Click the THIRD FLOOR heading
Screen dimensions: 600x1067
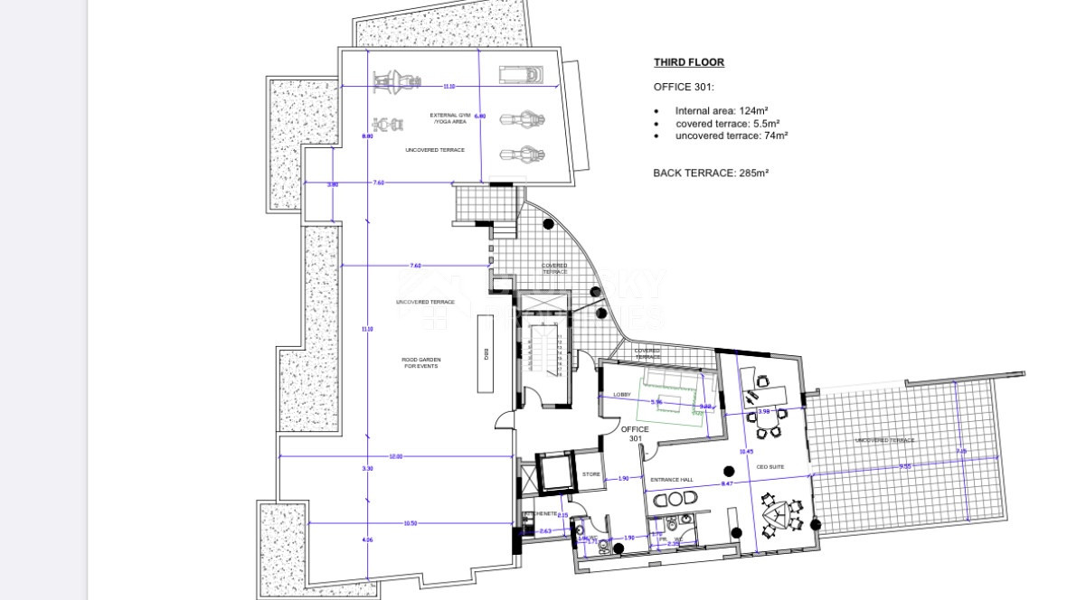click(x=688, y=62)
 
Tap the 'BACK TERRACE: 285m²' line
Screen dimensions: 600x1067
click(x=710, y=173)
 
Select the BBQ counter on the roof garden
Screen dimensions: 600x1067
click(x=486, y=353)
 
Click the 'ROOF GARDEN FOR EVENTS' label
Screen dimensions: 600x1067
click(x=421, y=362)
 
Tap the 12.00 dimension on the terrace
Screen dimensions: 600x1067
click(x=395, y=456)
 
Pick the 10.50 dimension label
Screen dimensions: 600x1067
click(x=410, y=523)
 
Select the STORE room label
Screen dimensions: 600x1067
click(x=590, y=473)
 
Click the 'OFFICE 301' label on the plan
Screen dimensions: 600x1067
click(x=635, y=434)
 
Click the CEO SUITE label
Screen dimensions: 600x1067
click(x=770, y=467)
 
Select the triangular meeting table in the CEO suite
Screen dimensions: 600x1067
click(x=779, y=517)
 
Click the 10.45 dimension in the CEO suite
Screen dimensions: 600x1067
click(x=746, y=451)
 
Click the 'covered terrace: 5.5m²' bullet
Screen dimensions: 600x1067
click(x=727, y=124)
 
